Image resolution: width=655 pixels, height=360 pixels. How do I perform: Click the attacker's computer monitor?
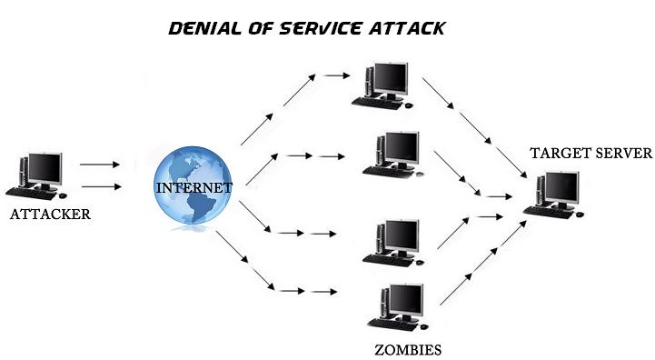coord(44,167)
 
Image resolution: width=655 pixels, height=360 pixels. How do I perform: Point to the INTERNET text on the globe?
coord(194,187)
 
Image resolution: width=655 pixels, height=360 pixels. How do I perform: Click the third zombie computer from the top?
coord(392,241)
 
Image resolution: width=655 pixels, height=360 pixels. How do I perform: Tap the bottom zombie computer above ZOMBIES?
coord(396,308)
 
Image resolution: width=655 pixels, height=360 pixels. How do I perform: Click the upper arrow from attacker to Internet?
coord(100,165)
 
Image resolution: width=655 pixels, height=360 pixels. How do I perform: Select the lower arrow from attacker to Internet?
coord(100,187)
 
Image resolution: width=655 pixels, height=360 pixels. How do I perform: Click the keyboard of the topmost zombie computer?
coord(377,103)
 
